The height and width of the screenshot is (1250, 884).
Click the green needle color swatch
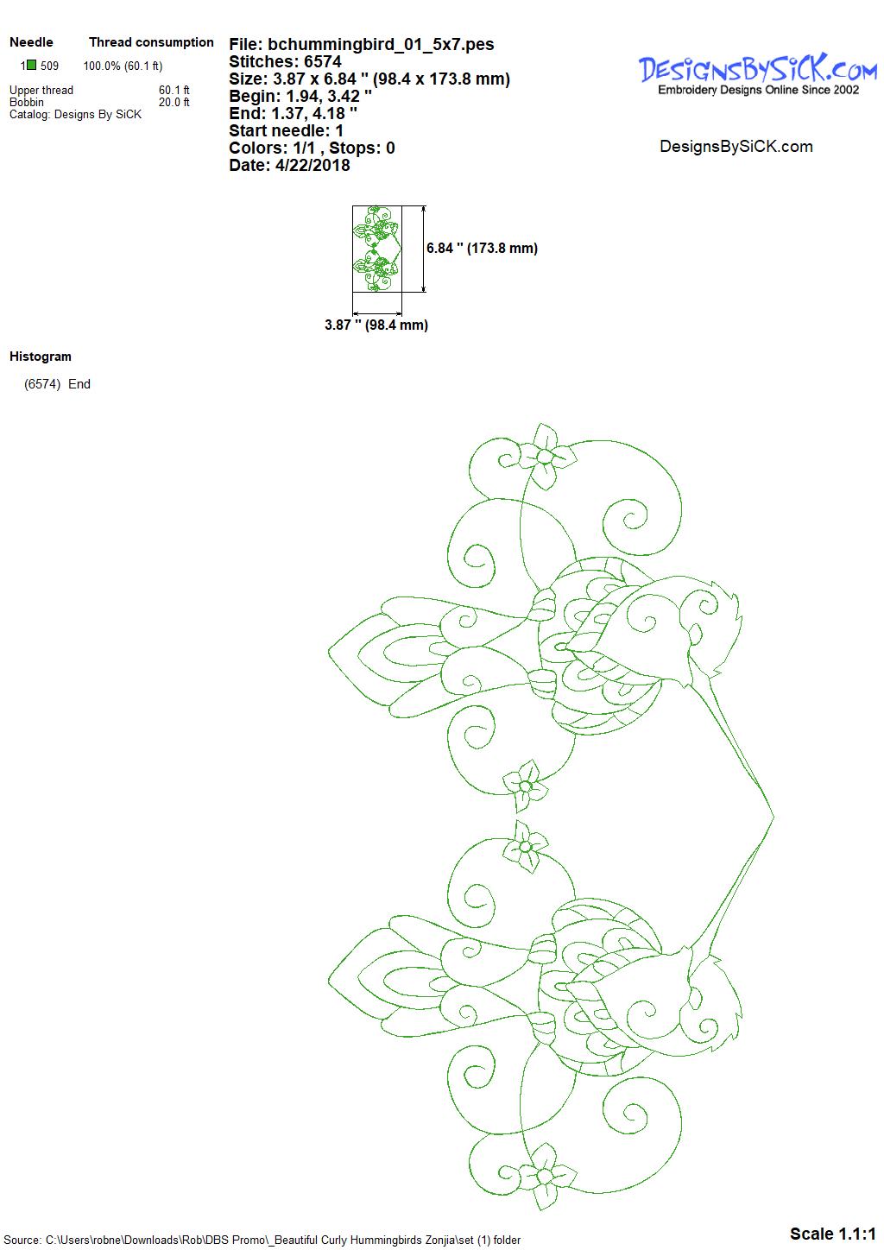point(32,66)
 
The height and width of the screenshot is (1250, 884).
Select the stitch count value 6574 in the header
point(323,61)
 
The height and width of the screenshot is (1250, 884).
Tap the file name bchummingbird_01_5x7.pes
point(381,44)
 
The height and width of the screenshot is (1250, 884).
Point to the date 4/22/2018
point(313,165)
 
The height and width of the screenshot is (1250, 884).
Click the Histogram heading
point(41,357)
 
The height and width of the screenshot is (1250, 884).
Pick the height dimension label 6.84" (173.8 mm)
point(483,249)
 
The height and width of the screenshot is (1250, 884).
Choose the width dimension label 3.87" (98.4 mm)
point(376,325)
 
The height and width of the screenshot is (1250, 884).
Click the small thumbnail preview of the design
point(377,249)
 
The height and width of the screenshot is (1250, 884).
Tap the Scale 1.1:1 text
point(833,1234)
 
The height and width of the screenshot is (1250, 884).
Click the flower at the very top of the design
point(544,457)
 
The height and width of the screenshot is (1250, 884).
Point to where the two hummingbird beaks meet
point(773,817)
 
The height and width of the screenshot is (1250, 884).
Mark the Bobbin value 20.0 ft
point(174,102)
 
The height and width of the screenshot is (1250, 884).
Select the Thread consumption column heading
point(151,42)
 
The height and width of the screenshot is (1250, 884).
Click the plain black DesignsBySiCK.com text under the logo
point(736,147)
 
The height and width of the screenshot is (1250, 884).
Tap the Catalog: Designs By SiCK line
point(75,115)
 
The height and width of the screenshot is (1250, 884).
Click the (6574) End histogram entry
point(57,384)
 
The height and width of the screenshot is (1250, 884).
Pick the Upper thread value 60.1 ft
point(174,90)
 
